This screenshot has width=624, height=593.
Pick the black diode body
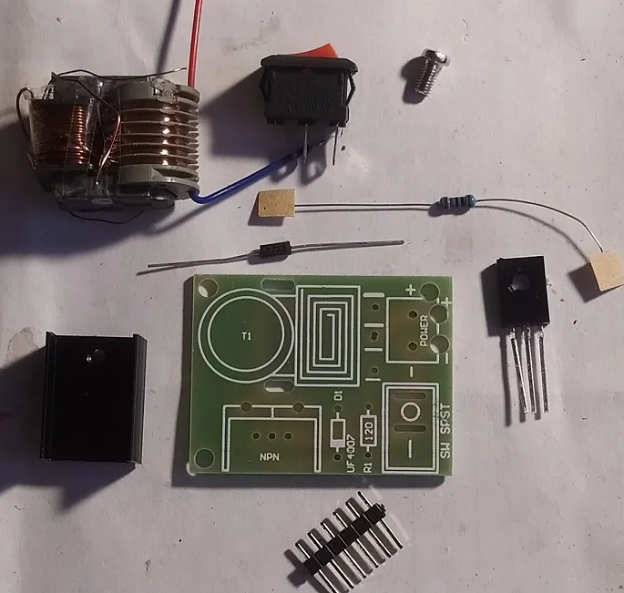pos(271,251)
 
